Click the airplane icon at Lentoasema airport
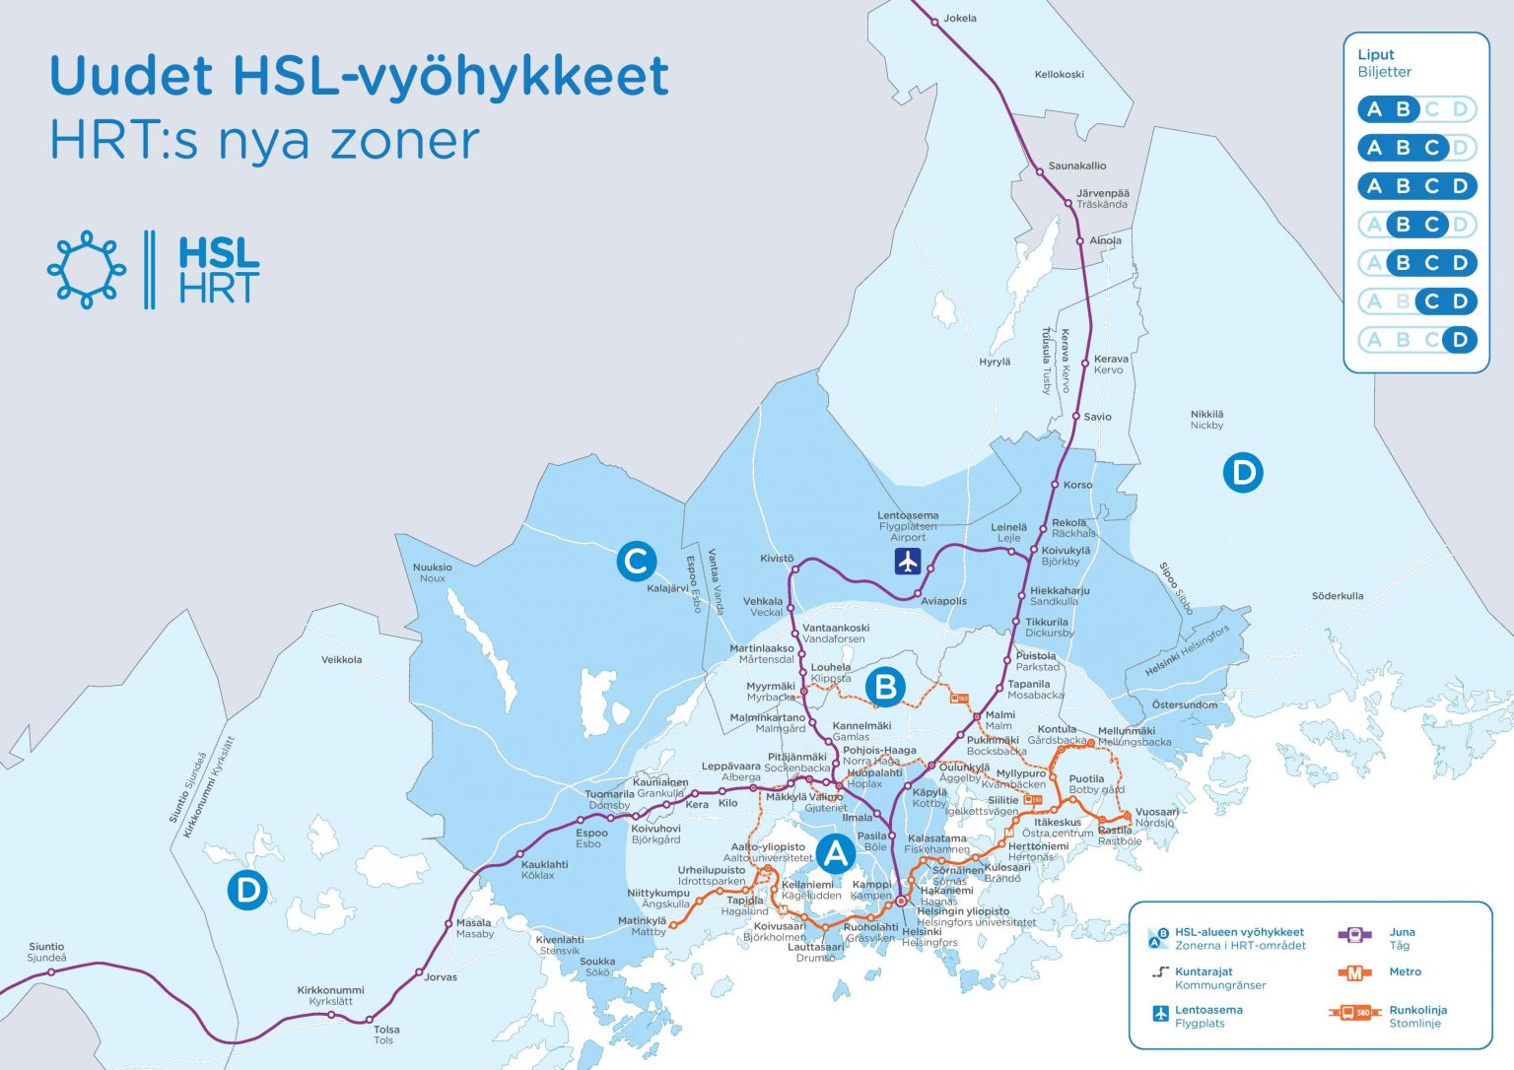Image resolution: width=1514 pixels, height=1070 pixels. click(x=907, y=562)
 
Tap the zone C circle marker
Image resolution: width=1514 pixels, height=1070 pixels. click(x=637, y=562)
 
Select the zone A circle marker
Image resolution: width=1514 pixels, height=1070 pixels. click(x=836, y=853)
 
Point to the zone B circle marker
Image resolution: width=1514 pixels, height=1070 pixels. click(x=885, y=687)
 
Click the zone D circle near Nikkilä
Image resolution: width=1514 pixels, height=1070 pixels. click(x=1243, y=473)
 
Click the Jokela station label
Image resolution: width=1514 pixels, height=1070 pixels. click(x=959, y=18)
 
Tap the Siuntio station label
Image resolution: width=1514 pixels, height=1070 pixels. click(x=46, y=947)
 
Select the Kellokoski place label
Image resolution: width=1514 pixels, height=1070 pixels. click(x=1059, y=75)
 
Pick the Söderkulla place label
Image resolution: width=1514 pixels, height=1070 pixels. click(x=1338, y=596)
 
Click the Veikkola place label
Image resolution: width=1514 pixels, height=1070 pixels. click(x=341, y=660)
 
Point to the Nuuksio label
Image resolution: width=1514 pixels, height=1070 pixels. click(x=432, y=568)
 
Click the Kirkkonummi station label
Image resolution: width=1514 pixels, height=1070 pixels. click(x=330, y=990)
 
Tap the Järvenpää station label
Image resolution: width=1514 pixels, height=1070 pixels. click(x=1102, y=194)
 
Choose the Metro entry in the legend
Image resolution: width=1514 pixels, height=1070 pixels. click(x=1405, y=972)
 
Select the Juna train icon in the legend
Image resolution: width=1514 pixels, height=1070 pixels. click(x=1354, y=935)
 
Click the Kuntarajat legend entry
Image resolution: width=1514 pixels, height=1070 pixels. click(x=1204, y=971)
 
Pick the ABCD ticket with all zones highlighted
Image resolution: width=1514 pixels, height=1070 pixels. click(x=1417, y=186)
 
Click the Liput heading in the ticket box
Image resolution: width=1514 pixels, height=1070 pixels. click(x=1376, y=55)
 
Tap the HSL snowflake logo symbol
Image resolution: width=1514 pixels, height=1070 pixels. click(x=87, y=270)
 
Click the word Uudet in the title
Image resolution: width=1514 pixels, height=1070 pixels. click(x=131, y=77)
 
